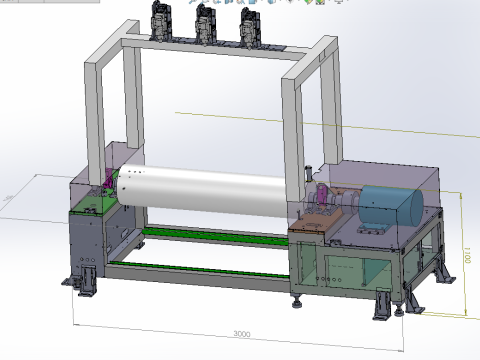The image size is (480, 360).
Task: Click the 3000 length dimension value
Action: click(241, 333)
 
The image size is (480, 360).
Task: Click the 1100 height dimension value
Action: click(467, 257)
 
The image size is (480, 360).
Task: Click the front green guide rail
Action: click(200, 268)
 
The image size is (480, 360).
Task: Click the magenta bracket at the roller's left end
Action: click(109, 186)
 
